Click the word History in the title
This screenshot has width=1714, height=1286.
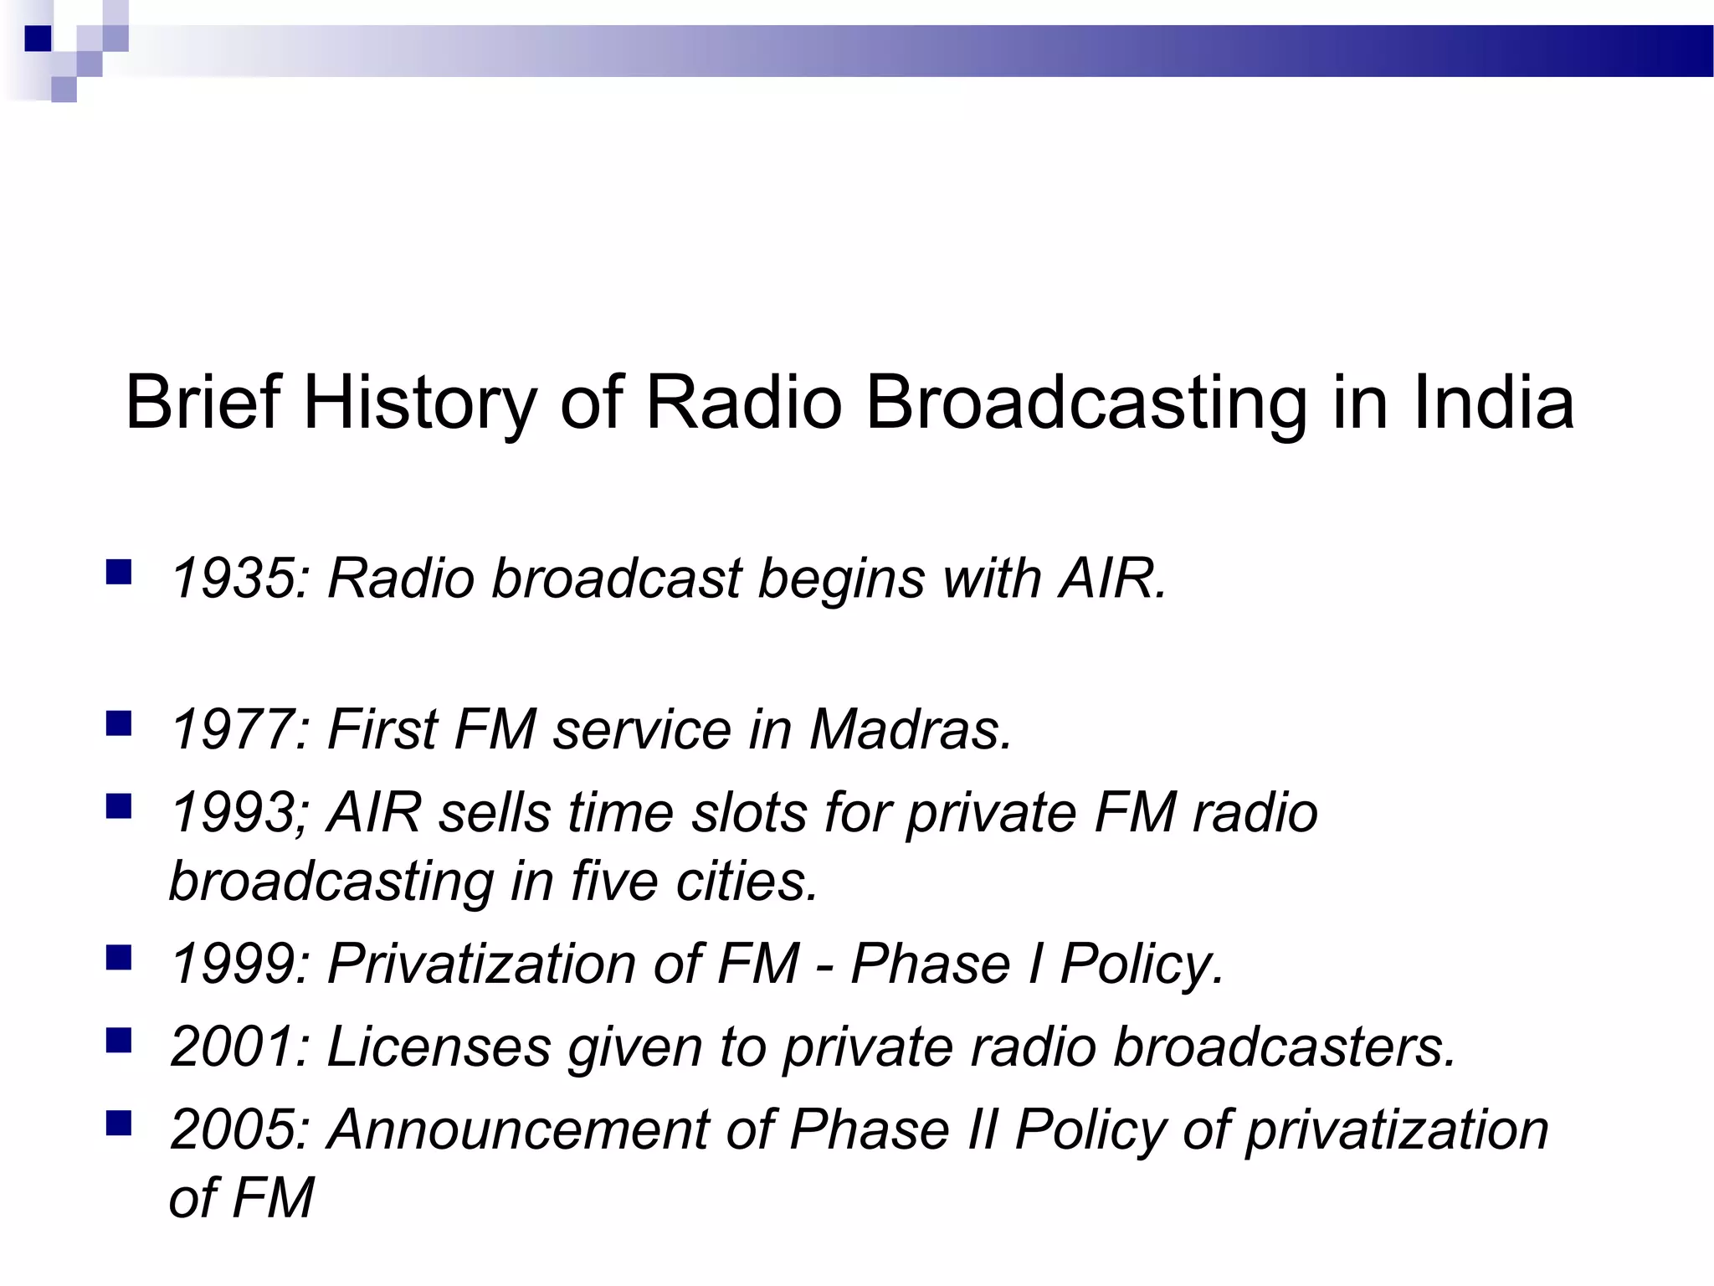coord(419,404)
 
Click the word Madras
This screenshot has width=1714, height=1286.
coord(911,728)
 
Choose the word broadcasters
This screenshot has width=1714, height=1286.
coord(1285,1047)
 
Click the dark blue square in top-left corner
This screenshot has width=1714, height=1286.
coord(38,39)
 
